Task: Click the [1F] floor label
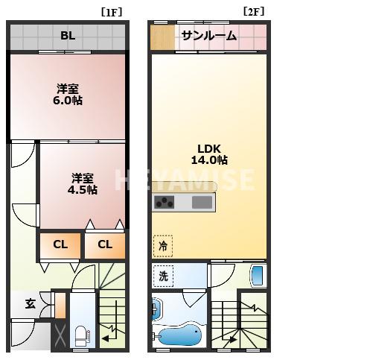(x=112, y=12)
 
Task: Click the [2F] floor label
(x=253, y=12)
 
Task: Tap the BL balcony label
(x=68, y=35)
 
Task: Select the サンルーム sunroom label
(x=208, y=36)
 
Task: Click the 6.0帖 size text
(x=68, y=100)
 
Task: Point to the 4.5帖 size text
(x=83, y=189)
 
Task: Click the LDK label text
(x=208, y=147)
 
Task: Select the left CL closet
(x=60, y=244)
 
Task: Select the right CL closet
(x=104, y=244)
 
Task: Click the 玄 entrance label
(x=30, y=303)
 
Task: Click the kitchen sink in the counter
(x=202, y=202)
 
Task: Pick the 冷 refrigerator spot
(x=162, y=244)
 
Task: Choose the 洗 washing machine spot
(x=163, y=275)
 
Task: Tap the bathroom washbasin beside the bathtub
(x=156, y=309)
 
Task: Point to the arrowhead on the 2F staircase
(x=234, y=341)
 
